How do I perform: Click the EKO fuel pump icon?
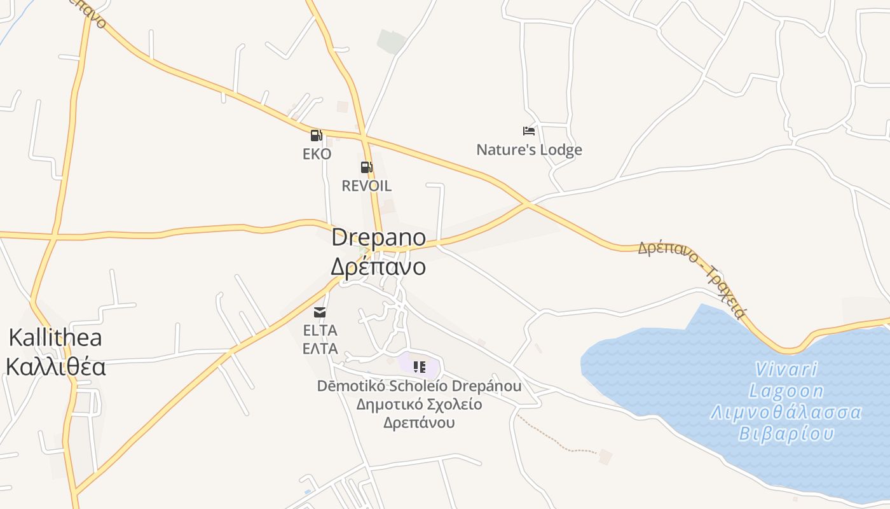point(316,135)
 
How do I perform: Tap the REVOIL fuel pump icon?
point(366,167)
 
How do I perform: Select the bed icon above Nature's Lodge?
point(528,131)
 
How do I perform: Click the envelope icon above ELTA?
point(319,312)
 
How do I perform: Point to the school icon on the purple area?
point(419,366)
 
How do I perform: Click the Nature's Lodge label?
point(529,150)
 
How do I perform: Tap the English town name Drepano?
point(378,237)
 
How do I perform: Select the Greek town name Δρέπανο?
point(378,266)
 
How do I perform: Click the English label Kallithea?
point(55,337)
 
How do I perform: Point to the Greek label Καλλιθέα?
point(55,367)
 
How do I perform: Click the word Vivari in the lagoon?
point(786,369)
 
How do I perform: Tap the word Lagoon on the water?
point(786,391)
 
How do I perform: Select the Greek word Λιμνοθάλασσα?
point(786,412)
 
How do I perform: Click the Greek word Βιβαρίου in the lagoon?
point(786,434)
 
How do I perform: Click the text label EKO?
point(317,154)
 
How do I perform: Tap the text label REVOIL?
point(366,186)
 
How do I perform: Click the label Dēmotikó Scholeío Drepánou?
point(419,386)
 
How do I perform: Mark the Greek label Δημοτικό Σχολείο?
point(419,405)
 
